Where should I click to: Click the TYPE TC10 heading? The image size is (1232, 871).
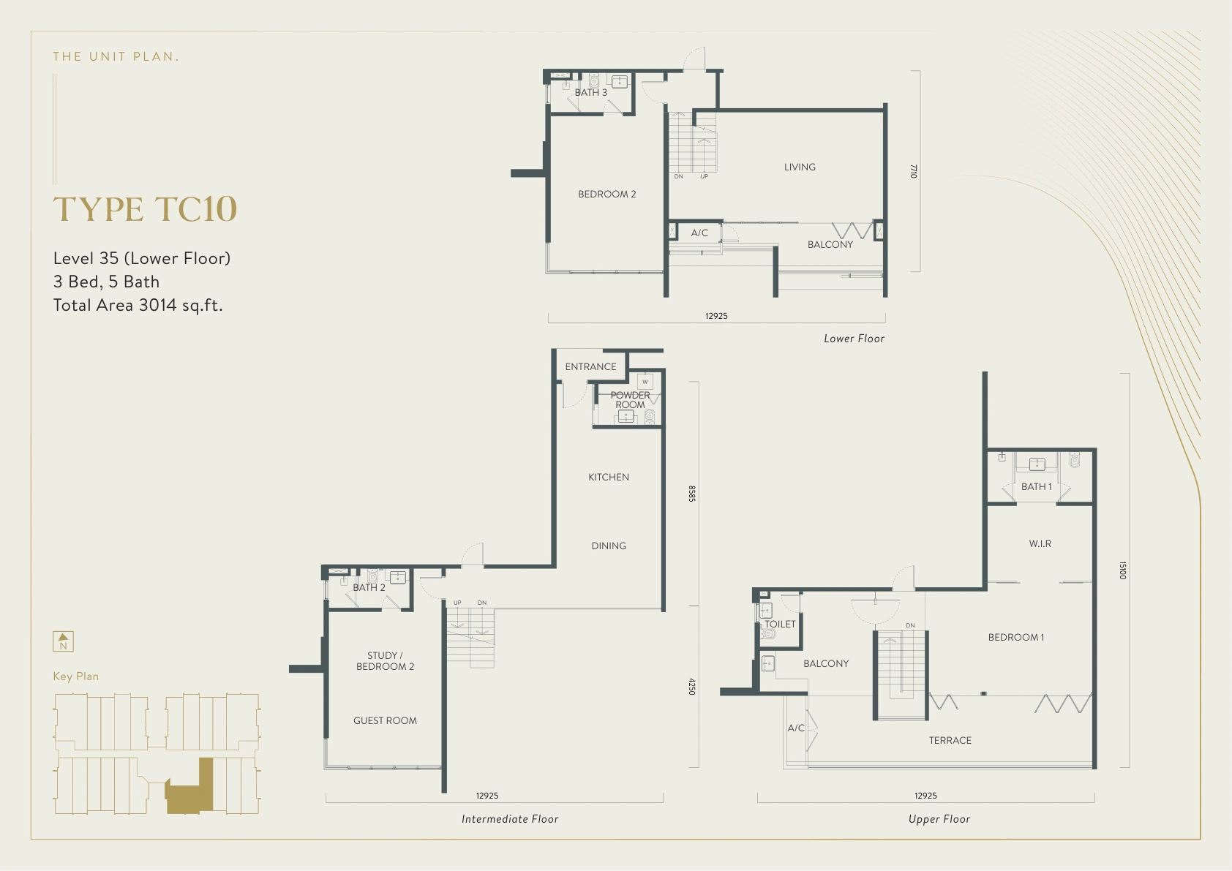145,209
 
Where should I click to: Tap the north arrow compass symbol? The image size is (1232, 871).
63,641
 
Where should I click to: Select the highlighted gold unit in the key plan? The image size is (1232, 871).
189,786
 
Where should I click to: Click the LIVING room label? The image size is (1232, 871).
800,167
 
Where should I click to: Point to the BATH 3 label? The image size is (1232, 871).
590,92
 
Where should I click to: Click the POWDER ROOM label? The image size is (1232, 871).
631,400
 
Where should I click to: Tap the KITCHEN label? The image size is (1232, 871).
608,477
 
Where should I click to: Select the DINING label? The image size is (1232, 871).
608,546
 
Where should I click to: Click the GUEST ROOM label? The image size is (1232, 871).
385,720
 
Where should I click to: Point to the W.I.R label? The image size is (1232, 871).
1040,543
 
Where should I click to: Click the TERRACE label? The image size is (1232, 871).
950,740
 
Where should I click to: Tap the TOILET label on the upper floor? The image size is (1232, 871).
780,624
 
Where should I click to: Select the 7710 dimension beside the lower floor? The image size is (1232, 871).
914,171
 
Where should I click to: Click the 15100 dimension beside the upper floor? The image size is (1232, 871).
1122,570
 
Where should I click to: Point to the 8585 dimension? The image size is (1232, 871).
692,493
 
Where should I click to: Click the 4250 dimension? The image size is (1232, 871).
692,686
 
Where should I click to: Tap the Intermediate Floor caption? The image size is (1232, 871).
510,819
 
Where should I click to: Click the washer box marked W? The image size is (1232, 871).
645,382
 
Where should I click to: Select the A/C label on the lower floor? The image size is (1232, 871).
699,233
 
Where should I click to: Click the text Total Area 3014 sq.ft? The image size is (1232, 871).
138,305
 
